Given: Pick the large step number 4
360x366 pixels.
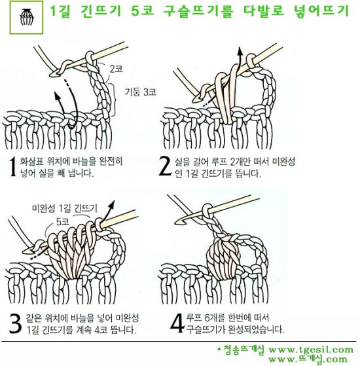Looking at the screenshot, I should click(174, 323).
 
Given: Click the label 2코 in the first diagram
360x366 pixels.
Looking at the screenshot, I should click(116, 68).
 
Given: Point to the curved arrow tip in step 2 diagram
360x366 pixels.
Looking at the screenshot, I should click(251, 58).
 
